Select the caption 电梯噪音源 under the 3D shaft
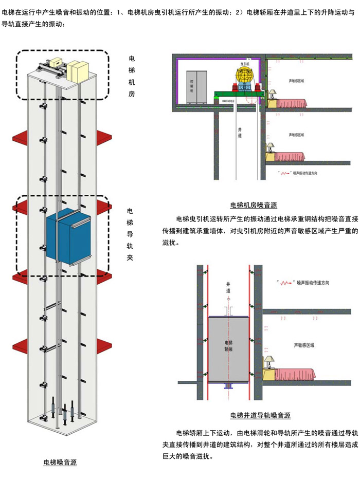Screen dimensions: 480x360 (x=60, y=463)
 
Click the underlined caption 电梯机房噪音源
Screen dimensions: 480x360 (x=254, y=205)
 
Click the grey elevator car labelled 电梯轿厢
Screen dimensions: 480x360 (x=228, y=349)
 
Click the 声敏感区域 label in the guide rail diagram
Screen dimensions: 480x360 (x=303, y=345)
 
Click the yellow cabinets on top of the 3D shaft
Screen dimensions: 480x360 (x=77, y=71)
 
